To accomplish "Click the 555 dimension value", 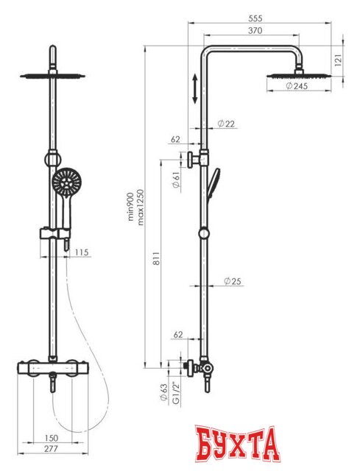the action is click(x=255, y=18).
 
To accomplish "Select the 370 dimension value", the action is click(x=255, y=31).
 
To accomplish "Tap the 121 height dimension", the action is click(x=339, y=60).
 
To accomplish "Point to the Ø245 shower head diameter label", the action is click(x=297, y=86).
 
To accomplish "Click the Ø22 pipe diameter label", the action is click(x=226, y=124).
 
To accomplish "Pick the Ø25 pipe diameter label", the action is click(x=233, y=281).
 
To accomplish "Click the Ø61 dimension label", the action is click(x=177, y=180).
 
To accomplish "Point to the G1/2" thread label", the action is click(x=176, y=393).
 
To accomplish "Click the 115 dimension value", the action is click(x=82, y=252).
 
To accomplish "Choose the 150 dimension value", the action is click(x=51, y=438).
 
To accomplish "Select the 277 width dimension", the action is click(x=51, y=449).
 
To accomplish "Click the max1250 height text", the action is click(x=141, y=208).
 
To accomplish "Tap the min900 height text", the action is click(x=130, y=207).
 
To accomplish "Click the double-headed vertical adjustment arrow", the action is click(x=195, y=88).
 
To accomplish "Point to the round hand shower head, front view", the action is click(x=66, y=183).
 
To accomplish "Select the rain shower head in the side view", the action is click(x=299, y=76).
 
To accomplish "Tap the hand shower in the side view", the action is click(x=213, y=183).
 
